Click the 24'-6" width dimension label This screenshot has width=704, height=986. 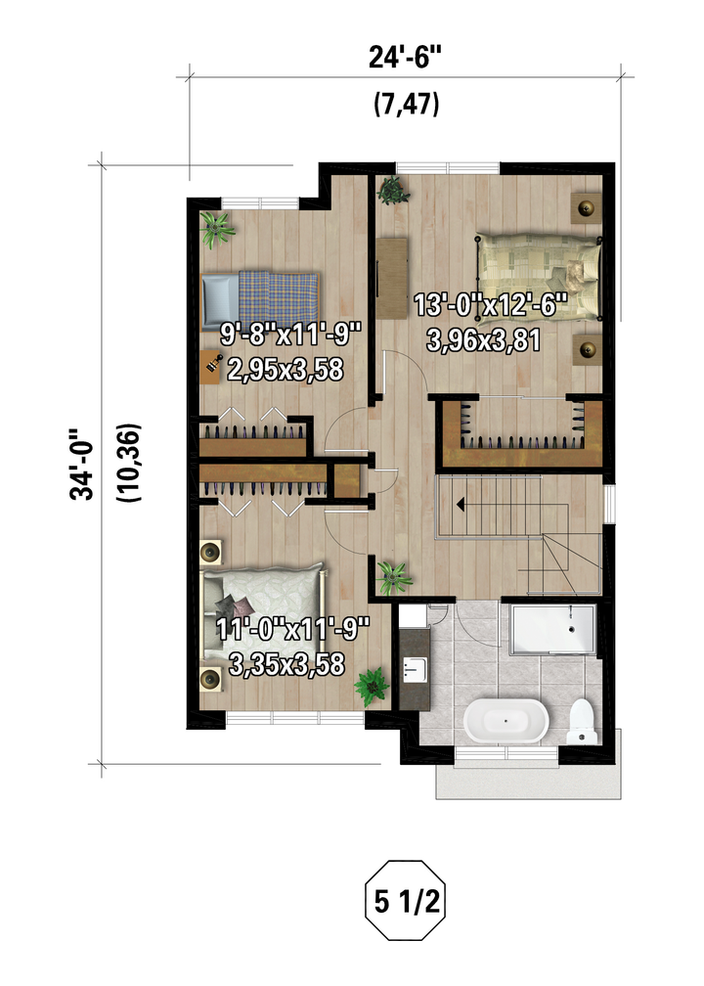pos(405,58)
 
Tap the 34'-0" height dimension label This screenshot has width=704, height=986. pos(82,465)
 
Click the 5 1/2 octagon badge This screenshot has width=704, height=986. pos(406,901)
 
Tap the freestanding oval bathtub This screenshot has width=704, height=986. pos(506,720)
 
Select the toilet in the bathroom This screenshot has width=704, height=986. pos(581,721)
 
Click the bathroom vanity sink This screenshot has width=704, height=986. pos(415,669)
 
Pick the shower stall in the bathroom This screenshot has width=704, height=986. pos(552,630)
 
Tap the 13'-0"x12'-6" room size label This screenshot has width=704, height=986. pos(490,306)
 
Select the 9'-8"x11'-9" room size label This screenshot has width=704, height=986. pos(290,334)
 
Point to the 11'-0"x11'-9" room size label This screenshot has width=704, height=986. pos(292,630)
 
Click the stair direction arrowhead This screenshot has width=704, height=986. pos(461,504)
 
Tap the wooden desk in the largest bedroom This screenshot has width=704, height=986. pos(392,278)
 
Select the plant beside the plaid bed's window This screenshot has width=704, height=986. pos(217,230)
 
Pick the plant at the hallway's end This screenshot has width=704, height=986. pos(393,577)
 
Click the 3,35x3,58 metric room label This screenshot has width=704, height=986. pos(286,665)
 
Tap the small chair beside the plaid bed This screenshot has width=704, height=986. pos(211,368)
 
